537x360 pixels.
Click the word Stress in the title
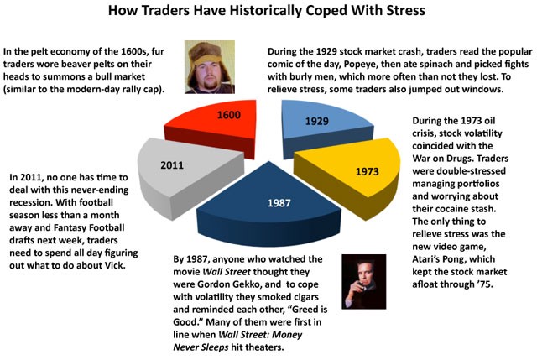pos(406,10)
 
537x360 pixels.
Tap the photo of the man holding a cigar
pos(363,282)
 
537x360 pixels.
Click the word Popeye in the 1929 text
pos(360,65)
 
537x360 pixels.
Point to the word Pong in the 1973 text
pos(456,259)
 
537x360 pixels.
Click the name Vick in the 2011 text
pos(114,265)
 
